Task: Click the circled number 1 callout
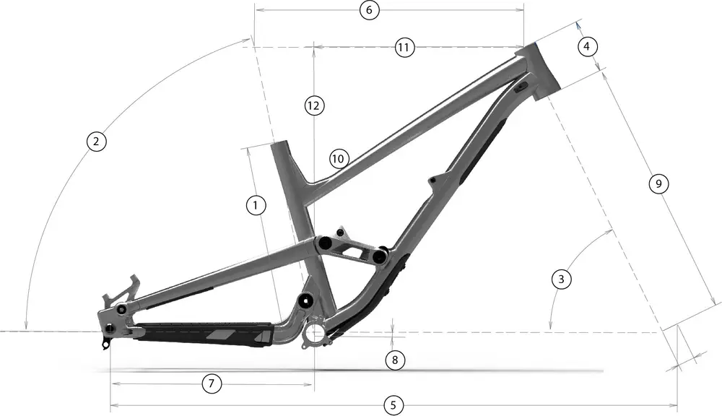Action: (254, 206)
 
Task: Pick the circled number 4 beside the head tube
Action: (587, 47)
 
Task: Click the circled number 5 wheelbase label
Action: (392, 405)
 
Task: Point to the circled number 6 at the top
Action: (368, 11)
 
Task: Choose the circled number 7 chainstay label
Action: (211, 383)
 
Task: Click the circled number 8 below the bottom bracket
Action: (393, 359)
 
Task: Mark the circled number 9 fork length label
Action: (657, 184)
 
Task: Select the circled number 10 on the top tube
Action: (339, 158)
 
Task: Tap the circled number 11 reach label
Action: (405, 48)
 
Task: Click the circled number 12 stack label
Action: (312, 105)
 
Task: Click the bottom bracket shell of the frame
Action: (316, 333)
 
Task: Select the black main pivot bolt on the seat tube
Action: (304, 300)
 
